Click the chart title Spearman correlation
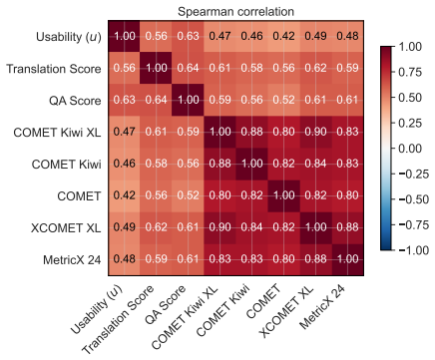tap(235, 12)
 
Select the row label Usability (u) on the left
tap(69, 37)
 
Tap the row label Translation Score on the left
tap(54, 69)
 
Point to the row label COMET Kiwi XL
tap(57, 133)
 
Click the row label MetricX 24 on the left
tap(72, 260)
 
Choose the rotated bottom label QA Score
tap(166, 304)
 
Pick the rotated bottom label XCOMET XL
tap(286, 311)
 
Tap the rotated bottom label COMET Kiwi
tap(222, 310)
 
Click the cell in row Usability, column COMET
tap(283, 36)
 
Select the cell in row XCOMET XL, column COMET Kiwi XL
tap(219, 227)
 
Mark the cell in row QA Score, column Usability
tap(124, 100)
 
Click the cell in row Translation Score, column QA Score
tap(188, 68)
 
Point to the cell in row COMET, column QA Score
tap(188, 195)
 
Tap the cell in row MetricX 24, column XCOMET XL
tap(315, 259)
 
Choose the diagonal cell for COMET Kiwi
tap(251, 164)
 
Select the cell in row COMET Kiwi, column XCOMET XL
tap(315, 164)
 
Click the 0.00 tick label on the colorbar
tap(410, 149)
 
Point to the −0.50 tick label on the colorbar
tap(414, 199)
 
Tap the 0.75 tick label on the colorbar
tap(410, 72)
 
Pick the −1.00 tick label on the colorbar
tap(414, 250)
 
